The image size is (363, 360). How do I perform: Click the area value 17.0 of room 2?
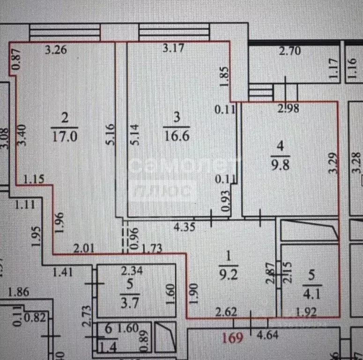65,136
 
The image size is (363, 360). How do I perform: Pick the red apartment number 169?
233,337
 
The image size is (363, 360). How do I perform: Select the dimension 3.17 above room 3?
173,48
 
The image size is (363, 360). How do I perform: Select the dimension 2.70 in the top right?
290,52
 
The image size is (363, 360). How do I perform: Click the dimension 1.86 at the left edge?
18,292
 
